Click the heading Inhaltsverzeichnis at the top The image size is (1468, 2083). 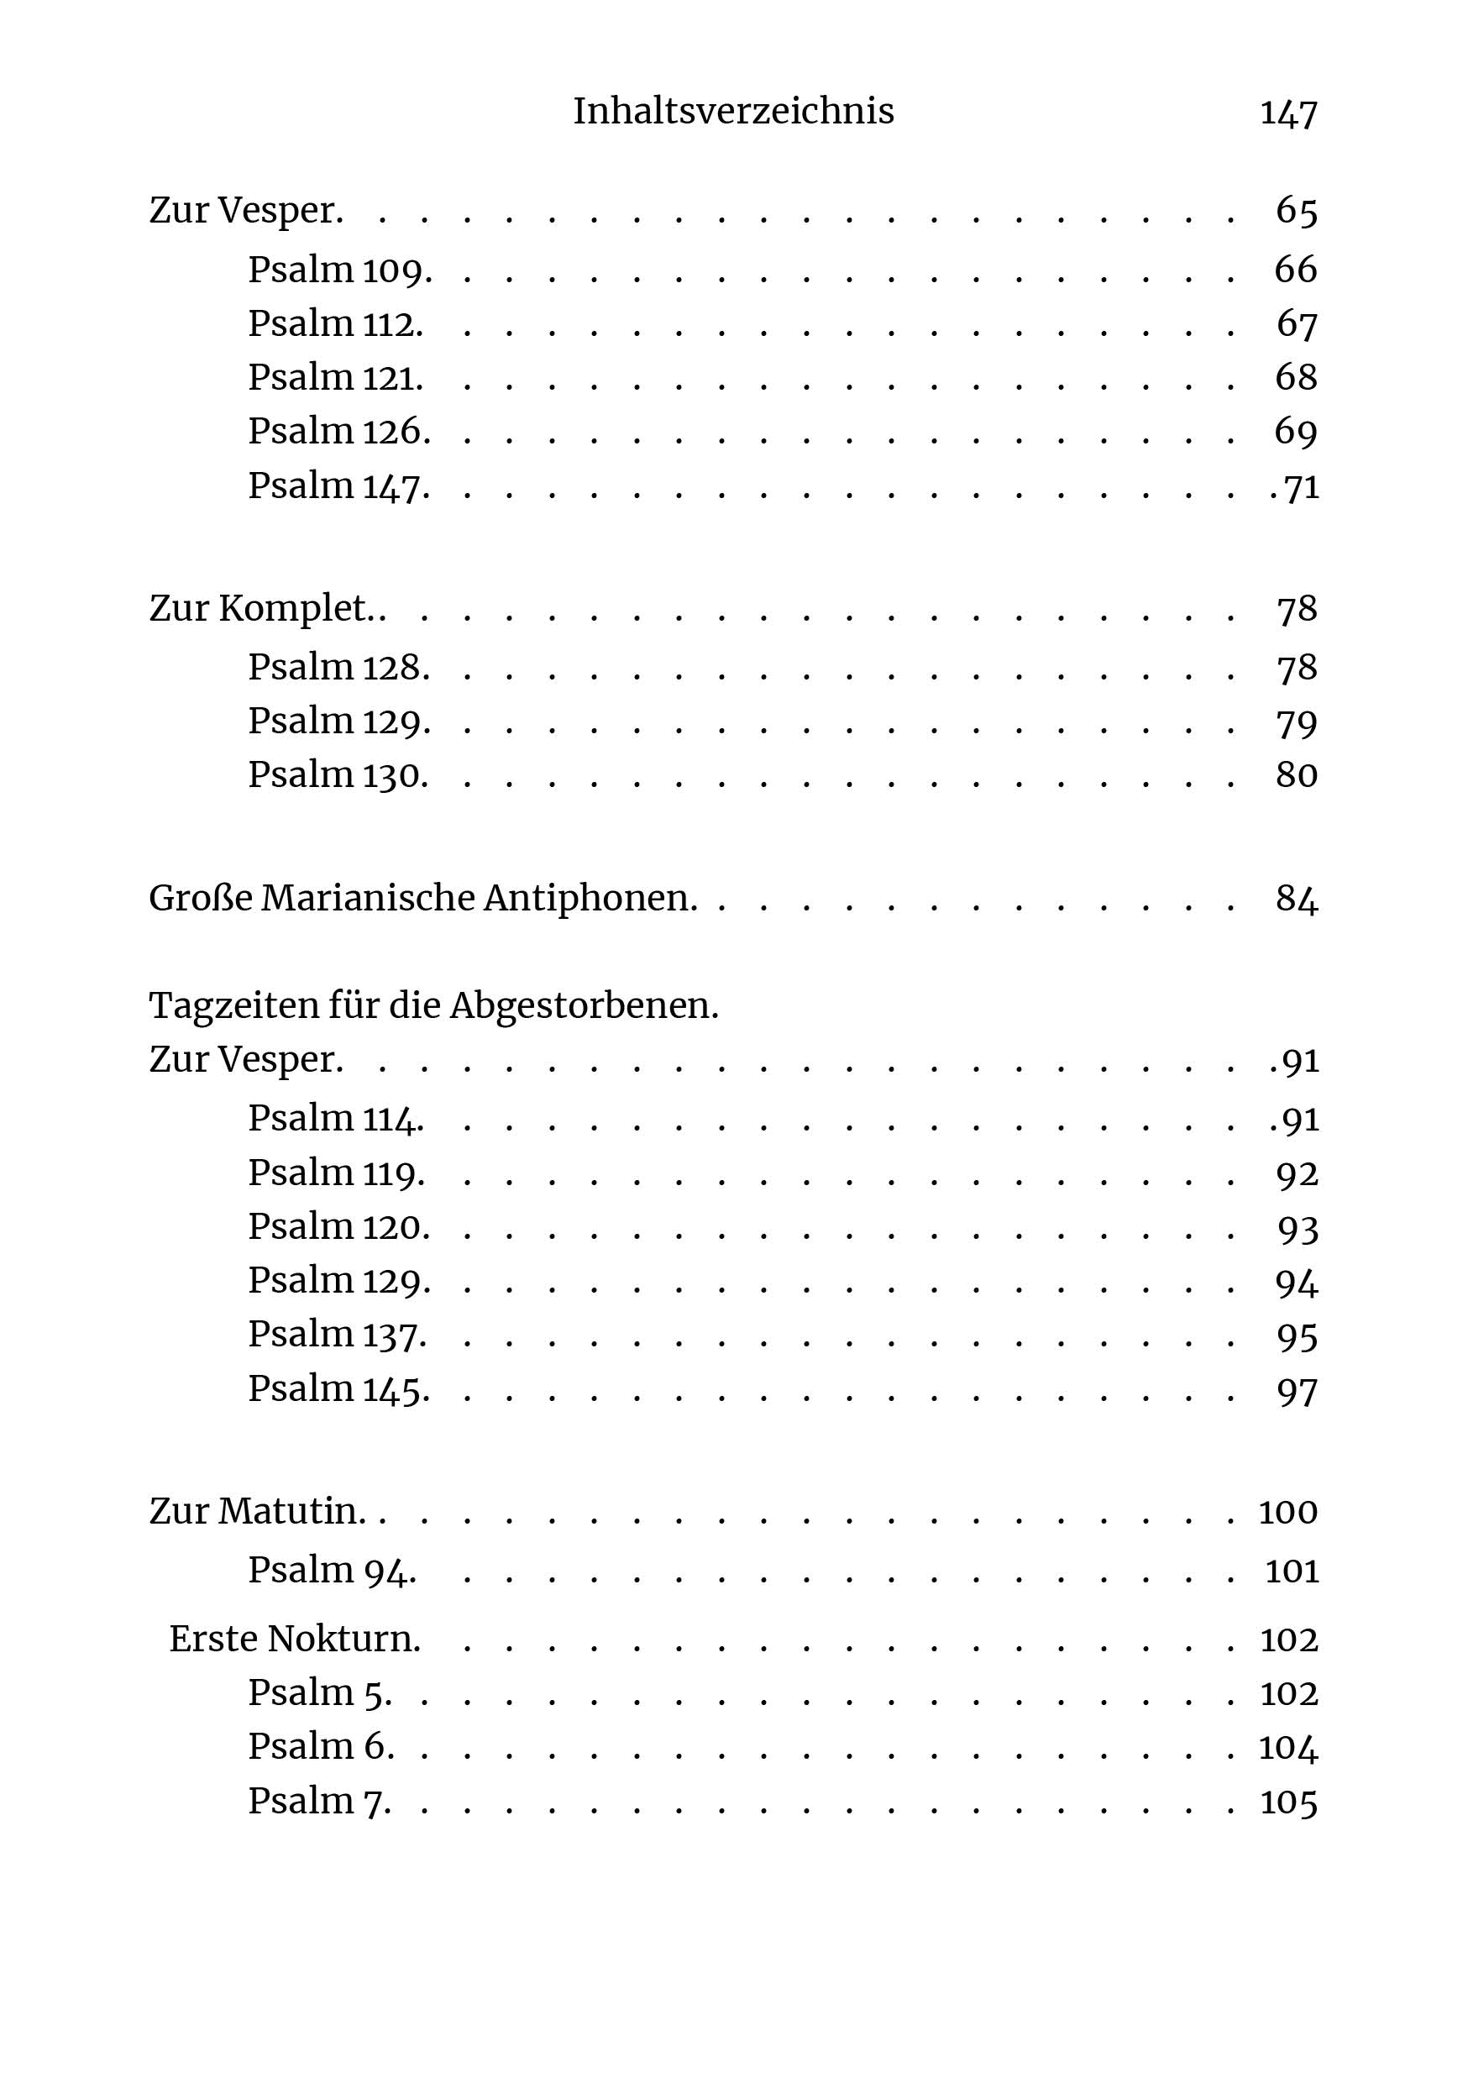click(733, 112)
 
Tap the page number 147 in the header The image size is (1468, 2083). click(1287, 113)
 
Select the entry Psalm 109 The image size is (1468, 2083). click(339, 270)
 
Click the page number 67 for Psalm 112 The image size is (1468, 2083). click(1296, 324)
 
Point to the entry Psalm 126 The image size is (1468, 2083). click(338, 432)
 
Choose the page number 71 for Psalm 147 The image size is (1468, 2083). click(1301, 487)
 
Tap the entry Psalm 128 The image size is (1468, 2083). click(338, 668)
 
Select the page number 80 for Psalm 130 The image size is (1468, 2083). click(1296, 776)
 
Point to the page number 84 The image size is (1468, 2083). click(1296, 899)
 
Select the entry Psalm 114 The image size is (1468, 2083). click(336, 1119)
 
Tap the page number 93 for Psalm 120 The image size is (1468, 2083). click(1297, 1230)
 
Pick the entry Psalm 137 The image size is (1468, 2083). click(337, 1335)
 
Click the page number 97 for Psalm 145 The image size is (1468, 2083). click(1297, 1391)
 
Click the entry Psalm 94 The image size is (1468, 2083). click(332, 1571)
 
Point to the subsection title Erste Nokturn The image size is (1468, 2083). click(295, 1640)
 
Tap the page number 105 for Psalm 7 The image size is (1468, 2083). click(1288, 1802)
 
